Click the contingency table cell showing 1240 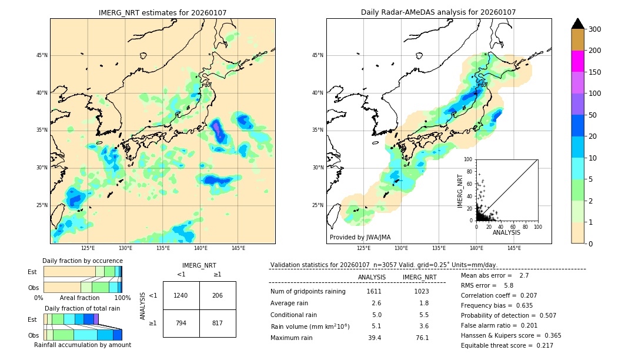(181, 295)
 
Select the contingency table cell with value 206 (218, 295)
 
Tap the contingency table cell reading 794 (181, 323)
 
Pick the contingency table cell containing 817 (218, 323)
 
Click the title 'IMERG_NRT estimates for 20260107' (162, 12)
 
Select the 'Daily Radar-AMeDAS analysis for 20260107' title (438, 12)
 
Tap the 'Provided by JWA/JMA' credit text (360, 237)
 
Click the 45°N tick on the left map (42, 55)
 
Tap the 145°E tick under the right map (514, 248)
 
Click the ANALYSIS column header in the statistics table (372, 277)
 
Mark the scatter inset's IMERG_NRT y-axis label (460, 191)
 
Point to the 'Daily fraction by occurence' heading (82, 261)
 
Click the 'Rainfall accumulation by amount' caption (82, 345)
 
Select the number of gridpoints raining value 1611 (374, 291)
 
